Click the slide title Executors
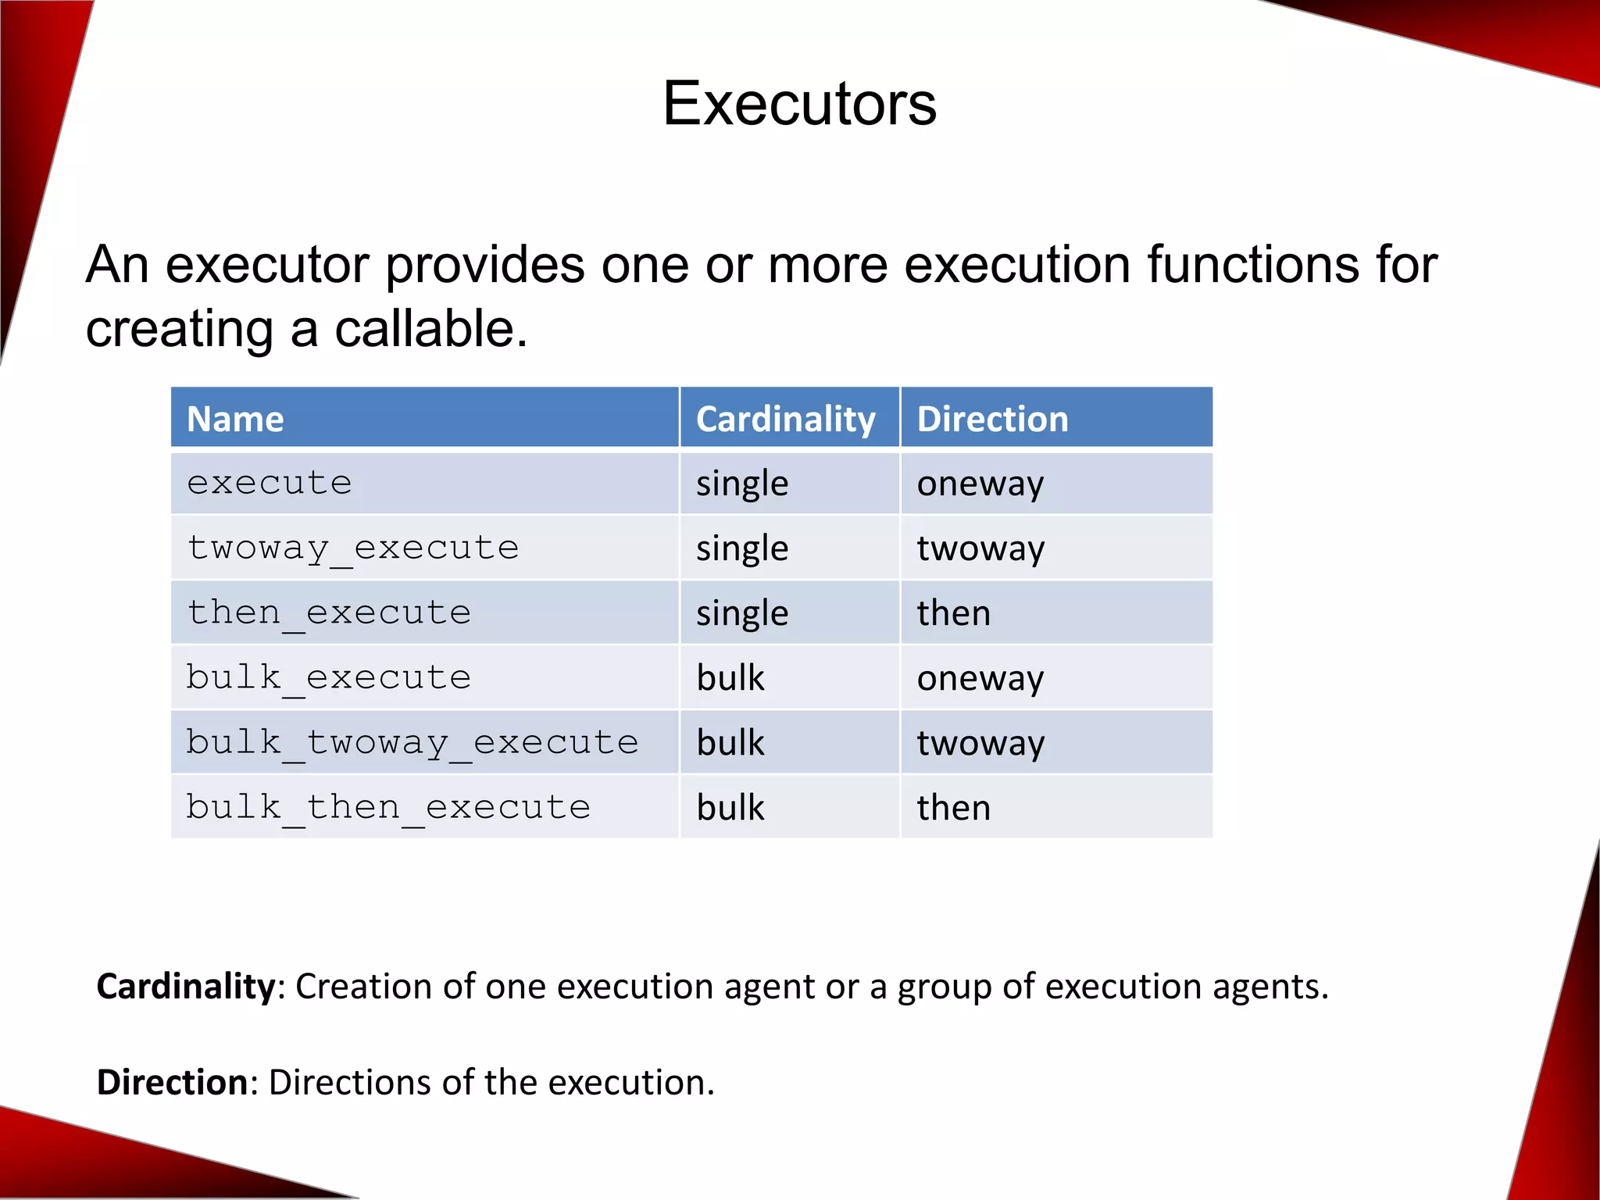click(799, 104)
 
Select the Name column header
click(235, 420)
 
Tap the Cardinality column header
click(785, 420)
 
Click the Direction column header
click(992, 420)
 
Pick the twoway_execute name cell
click(353, 548)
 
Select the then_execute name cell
click(329, 613)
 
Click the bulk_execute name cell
click(329, 678)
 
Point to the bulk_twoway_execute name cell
click(412, 743)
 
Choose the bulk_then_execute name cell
click(388, 808)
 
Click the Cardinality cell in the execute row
click(742, 484)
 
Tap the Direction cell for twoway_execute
click(980, 548)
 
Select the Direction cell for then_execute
click(954, 613)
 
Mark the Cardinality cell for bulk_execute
click(730, 678)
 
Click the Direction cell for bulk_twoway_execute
click(980, 743)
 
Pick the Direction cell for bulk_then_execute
click(954, 808)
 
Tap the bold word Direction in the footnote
click(173, 1083)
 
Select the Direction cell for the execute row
click(980, 484)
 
